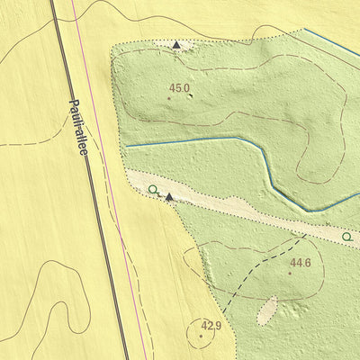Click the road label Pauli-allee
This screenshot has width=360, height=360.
coord(79,129)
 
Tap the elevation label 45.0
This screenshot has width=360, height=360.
coord(179,87)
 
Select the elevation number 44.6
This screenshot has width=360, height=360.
coord(300,263)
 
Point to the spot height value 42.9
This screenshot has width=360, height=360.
coord(211,325)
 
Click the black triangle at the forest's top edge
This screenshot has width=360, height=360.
coord(177,44)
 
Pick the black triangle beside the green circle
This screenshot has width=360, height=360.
coord(168,195)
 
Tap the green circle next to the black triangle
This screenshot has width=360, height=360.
coord(153,189)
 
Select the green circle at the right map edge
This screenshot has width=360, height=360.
coord(346,237)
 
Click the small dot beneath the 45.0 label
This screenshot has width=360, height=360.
coord(170,97)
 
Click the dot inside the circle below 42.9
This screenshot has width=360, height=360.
coord(200,336)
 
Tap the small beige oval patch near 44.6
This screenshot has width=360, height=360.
coord(267,310)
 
